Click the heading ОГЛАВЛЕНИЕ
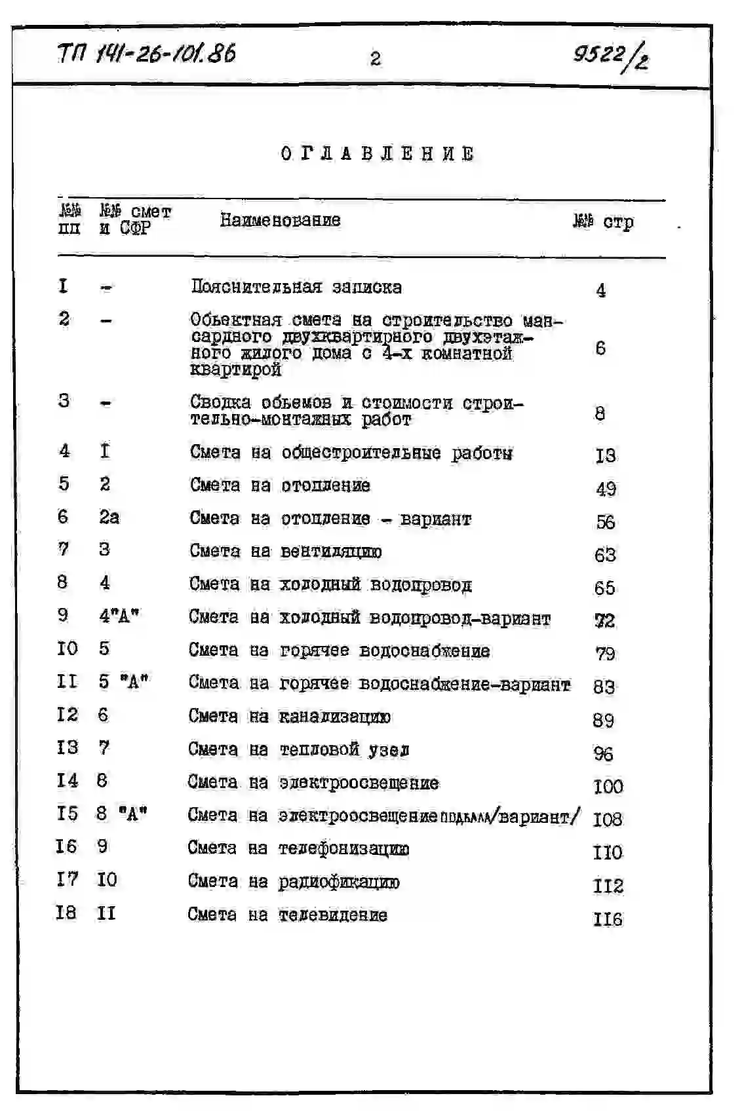coord(378,154)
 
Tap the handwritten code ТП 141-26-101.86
coord(147,54)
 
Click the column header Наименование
coord(280,220)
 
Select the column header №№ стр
coord(603,222)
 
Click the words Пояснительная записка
coord(296,287)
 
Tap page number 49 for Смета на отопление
coord(606,489)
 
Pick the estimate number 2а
coord(109,517)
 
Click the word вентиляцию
coord(331,552)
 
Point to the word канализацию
coord(334,717)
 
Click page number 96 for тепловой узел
coord(603,753)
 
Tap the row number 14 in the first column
coord(67,780)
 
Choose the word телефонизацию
coord(343,848)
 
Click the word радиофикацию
coord(338,882)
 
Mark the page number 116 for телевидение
coord(608,919)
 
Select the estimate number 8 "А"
coord(121,814)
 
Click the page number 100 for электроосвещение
coord(608,786)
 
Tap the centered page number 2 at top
coord(375,59)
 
